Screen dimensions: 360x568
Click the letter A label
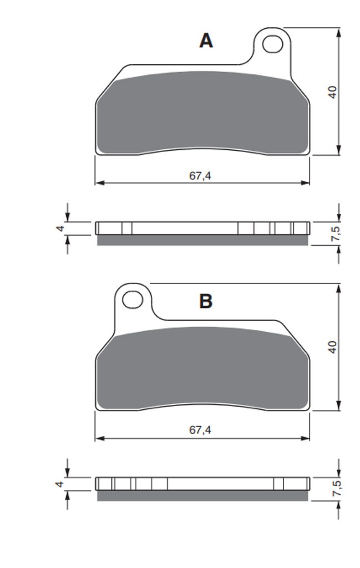[206, 40]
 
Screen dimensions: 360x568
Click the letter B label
[206, 301]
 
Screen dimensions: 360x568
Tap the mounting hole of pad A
[272, 44]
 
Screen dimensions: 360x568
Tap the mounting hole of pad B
[133, 300]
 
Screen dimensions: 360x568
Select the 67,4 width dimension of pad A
[200, 176]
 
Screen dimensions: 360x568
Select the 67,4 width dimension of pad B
[200, 430]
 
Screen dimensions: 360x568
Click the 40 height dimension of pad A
[332, 92]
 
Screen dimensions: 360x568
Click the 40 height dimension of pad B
[332, 347]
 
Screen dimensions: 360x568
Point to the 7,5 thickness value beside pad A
[336, 234]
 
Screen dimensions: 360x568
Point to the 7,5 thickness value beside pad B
[336, 488]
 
